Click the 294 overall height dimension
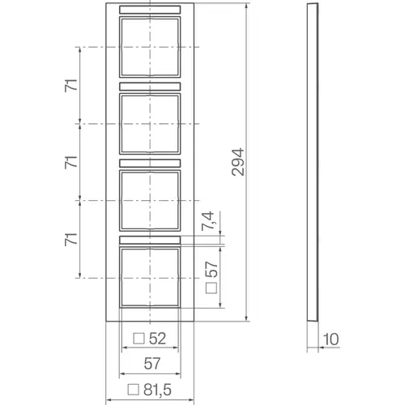tap(238, 162)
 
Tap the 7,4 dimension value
tap(208, 221)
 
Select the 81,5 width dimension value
tap(157, 390)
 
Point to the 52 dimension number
tap(157, 339)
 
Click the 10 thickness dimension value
tap(330, 339)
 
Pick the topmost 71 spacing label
tap(71, 86)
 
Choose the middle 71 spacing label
tap(71, 162)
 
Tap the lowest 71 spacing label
tap(71, 239)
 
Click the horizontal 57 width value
tap(152, 364)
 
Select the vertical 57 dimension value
tap(211, 269)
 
